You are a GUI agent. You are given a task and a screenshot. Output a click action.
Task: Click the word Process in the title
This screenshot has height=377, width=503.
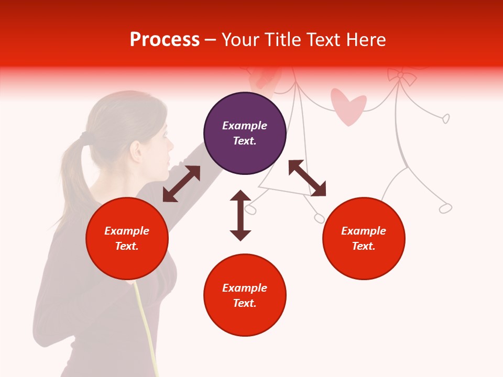165,40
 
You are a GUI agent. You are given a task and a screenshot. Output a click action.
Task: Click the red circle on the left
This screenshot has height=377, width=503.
127,238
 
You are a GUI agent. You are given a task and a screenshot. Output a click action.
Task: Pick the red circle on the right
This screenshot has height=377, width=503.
364,238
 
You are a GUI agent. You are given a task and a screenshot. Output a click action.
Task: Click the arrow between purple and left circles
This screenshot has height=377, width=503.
181,184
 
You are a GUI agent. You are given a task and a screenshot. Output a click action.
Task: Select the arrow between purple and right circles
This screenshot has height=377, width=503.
307,178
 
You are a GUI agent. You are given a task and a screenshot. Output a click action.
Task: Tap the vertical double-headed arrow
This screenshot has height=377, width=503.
240,215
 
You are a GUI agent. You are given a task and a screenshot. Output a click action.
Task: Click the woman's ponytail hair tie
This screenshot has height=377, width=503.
84,137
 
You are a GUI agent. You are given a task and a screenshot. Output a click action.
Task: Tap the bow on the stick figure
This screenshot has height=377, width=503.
401,76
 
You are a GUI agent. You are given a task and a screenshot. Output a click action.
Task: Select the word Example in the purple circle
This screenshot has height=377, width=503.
245,126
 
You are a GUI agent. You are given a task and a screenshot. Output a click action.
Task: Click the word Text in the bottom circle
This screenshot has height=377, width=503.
245,303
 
